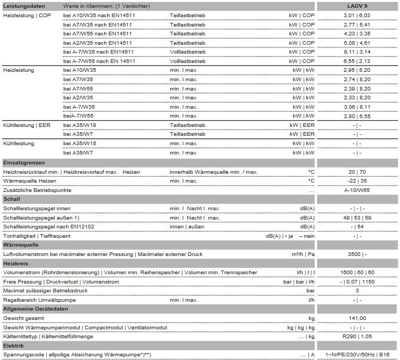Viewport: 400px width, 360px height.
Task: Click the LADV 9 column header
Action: click(357, 5)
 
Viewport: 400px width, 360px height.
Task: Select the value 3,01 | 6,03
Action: click(357, 16)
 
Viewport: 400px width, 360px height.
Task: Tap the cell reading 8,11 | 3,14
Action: click(357, 52)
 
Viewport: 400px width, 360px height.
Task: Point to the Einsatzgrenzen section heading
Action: click(23, 162)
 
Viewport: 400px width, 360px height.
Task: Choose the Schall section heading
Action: click(11, 199)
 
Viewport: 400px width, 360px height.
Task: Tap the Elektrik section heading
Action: click(14, 345)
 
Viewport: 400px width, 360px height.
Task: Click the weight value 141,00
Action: click(357, 318)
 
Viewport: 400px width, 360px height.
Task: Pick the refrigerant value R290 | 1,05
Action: click(357, 337)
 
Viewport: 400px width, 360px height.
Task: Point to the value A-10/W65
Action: click(357, 190)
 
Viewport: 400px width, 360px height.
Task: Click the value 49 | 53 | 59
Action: click(357, 217)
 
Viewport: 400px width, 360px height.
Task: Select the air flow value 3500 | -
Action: click(357, 254)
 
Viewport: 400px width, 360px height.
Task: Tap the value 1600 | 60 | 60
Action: click(357, 272)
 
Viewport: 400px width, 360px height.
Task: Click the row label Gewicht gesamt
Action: click(24, 318)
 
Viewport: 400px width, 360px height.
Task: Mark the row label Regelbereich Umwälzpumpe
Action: click(40, 300)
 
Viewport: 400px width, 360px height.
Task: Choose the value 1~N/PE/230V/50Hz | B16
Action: click(357, 355)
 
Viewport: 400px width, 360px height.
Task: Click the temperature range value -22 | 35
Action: click(357, 181)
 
